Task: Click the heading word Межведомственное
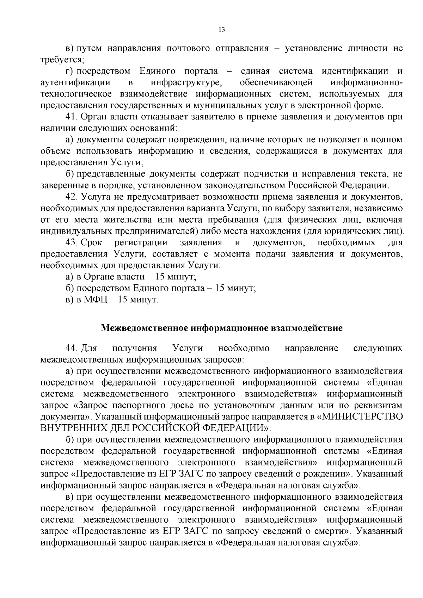[x=145, y=328]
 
